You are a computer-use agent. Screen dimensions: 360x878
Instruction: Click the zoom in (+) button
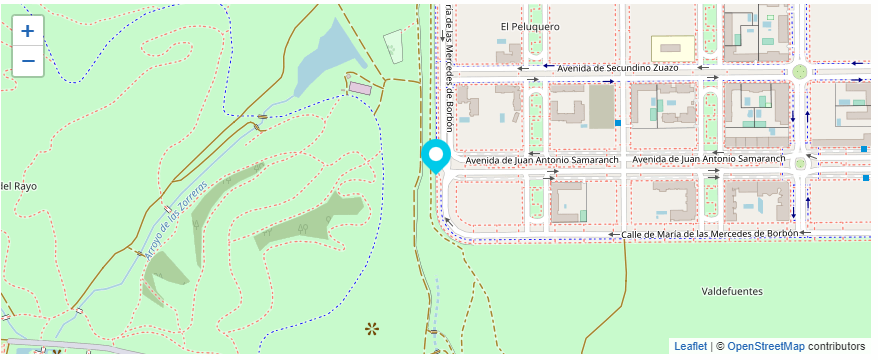27,31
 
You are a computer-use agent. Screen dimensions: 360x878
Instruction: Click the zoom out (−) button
27,61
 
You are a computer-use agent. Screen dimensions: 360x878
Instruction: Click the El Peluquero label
530,27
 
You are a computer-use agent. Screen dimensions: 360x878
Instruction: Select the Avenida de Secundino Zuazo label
617,67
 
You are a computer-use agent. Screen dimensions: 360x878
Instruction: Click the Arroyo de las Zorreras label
176,221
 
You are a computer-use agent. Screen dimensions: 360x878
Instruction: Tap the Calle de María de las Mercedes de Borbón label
710,234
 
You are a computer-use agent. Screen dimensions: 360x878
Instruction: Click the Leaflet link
690,346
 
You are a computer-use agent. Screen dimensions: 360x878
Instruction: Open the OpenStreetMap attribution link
765,346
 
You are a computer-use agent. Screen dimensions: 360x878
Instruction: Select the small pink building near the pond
359,88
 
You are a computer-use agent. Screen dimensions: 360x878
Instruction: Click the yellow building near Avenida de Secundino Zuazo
672,48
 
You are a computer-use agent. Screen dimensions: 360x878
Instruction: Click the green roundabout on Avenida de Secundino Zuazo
799,72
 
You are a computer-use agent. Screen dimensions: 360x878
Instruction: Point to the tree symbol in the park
373,327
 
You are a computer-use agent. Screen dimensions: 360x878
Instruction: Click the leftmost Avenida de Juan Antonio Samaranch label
542,160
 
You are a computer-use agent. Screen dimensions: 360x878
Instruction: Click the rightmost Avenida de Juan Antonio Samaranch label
710,160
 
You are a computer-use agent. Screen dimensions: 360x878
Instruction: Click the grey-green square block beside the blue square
600,106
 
